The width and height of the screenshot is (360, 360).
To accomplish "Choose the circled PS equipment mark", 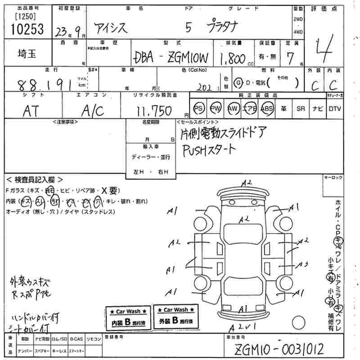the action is click(198, 108).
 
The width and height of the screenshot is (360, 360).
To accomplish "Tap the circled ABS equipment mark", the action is click(267, 108).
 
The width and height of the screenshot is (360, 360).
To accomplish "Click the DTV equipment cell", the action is click(335, 108).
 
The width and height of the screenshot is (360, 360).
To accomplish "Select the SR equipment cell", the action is click(301, 108).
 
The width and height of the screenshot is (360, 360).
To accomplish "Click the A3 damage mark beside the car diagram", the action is click(302, 264).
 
